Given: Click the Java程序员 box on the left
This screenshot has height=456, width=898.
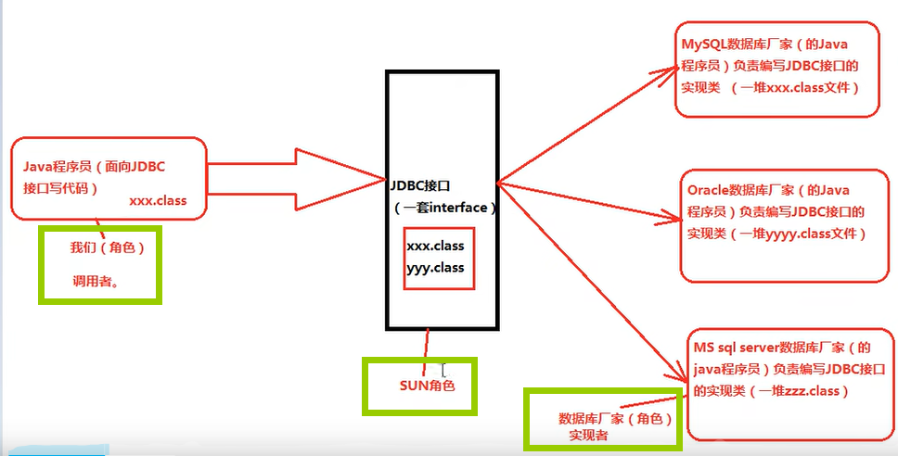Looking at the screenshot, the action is [108, 179].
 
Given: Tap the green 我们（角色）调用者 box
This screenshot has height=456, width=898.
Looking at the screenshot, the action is [100, 264].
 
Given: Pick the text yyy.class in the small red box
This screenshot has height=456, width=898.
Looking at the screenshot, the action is [435, 268].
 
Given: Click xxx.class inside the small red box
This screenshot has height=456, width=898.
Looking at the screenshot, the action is [435, 247].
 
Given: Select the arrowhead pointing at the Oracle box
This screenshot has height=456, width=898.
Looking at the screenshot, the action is [675, 220].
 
